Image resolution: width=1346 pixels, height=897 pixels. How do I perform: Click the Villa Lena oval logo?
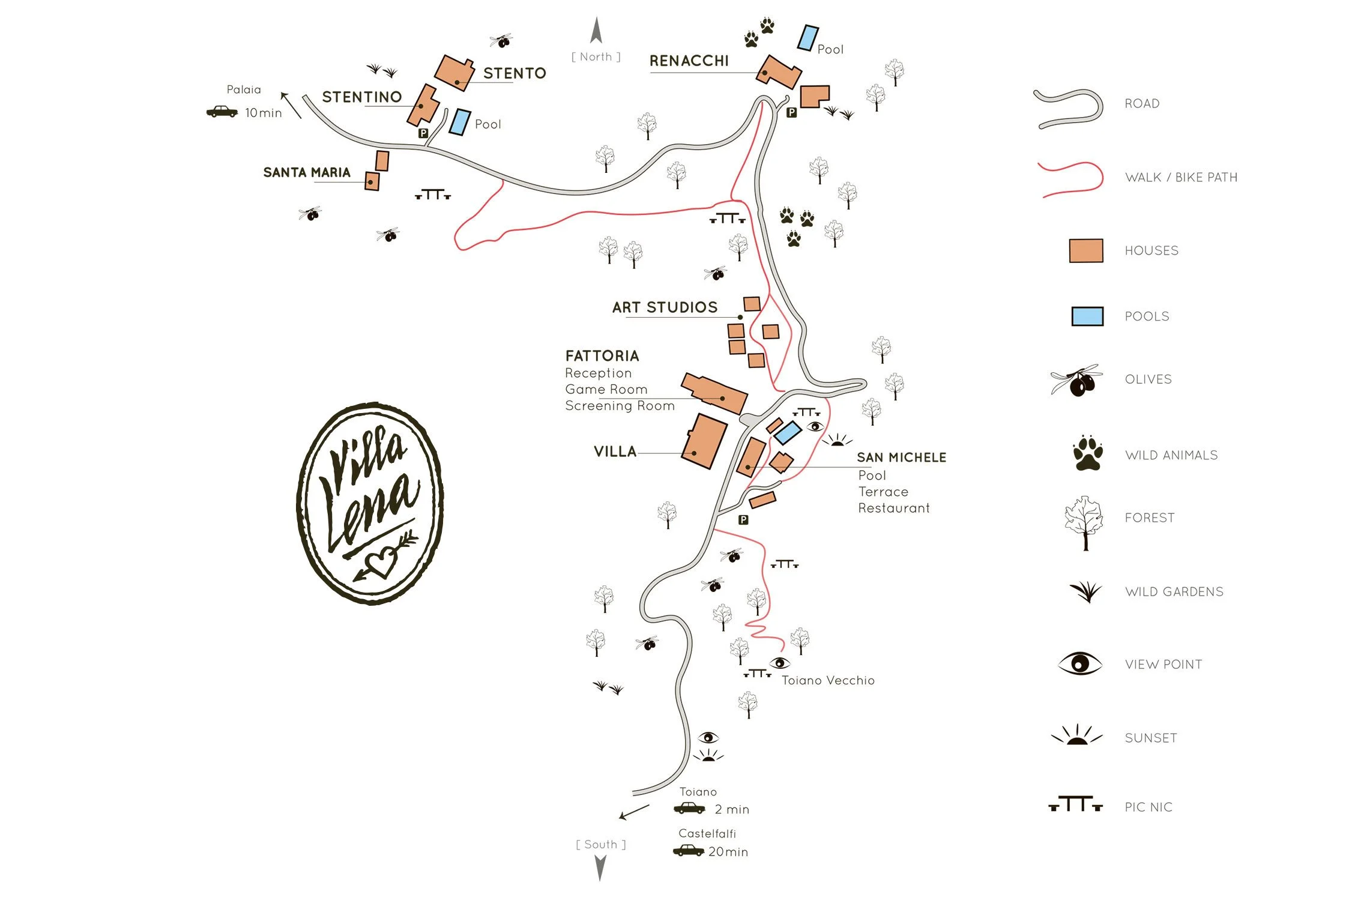click(370, 503)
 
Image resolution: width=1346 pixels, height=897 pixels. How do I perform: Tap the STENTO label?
click(515, 73)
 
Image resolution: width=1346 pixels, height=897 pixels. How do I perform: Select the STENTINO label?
click(361, 97)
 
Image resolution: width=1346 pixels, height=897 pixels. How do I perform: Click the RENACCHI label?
click(689, 61)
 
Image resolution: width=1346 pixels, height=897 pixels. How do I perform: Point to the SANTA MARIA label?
click(306, 173)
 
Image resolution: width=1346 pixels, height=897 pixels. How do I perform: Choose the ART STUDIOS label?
click(665, 307)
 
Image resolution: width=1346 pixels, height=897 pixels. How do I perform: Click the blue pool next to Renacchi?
click(807, 38)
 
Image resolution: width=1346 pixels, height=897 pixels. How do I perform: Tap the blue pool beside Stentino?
click(460, 122)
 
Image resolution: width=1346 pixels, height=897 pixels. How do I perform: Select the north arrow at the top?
click(596, 31)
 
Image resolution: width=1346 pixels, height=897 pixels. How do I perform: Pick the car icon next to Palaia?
click(222, 112)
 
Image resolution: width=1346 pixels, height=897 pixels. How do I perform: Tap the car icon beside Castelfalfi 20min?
click(688, 850)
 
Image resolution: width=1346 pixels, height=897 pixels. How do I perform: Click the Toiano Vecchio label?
click(827, 680)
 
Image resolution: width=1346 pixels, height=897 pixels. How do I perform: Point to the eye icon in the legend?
click(1079, 664)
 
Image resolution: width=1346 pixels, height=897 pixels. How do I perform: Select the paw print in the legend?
click(1087, 453)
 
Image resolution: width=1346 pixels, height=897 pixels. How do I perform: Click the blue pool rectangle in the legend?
click(1087, 316)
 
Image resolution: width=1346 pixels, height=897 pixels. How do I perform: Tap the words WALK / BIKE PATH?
click(1181, 178)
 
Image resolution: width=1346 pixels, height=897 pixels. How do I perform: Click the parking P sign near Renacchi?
click(791, 112)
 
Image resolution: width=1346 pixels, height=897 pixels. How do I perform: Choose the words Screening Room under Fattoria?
click(620, 406)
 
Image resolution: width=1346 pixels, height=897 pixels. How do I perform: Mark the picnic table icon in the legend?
click(1075, 805)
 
